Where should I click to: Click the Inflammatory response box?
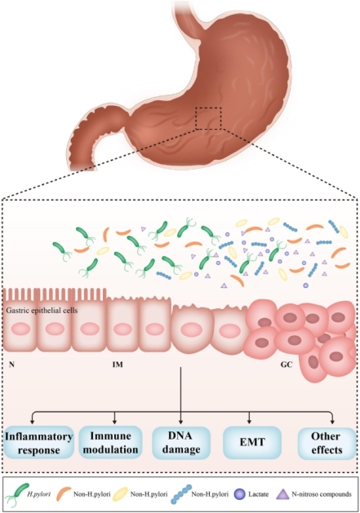click(38, 442)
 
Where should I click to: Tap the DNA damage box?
click(180, 442)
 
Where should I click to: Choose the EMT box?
click(249, 442)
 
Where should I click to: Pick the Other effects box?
click(327, 442)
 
